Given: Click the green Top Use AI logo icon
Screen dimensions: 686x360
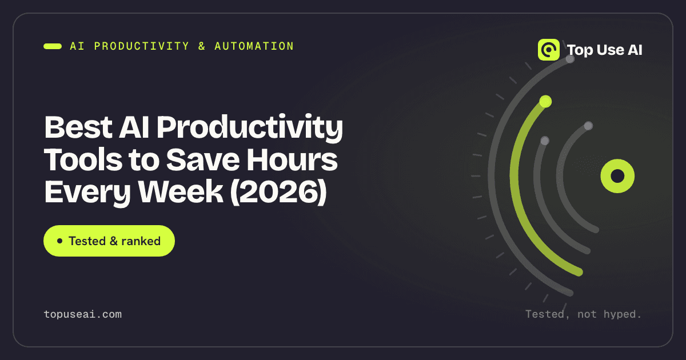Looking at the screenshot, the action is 548,50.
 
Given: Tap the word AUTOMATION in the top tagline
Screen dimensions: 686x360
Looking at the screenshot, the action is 254,46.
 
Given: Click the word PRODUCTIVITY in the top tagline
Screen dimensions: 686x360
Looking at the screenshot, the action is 142,46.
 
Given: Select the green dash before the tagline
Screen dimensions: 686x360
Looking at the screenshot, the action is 53,46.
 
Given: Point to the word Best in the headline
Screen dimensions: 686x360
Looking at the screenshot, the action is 78,127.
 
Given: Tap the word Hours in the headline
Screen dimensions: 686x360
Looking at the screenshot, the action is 292,159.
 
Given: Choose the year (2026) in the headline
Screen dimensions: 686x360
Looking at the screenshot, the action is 278,192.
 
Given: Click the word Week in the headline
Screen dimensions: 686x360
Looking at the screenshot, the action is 181,192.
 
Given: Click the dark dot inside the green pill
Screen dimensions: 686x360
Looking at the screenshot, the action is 59,241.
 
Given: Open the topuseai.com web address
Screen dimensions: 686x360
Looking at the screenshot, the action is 83,314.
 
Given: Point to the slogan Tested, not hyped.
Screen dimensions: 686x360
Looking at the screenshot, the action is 584,314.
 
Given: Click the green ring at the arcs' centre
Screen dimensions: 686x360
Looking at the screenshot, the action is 617,176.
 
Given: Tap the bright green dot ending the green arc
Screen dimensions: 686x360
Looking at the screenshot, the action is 545,101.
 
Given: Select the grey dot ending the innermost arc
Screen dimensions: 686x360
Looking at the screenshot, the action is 588,126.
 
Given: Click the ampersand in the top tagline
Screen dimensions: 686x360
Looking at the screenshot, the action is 201,46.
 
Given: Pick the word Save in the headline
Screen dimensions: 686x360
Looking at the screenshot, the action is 203,159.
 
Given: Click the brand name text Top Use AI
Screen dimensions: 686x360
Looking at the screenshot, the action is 605,50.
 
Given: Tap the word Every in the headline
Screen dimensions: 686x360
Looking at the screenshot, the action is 87,192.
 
